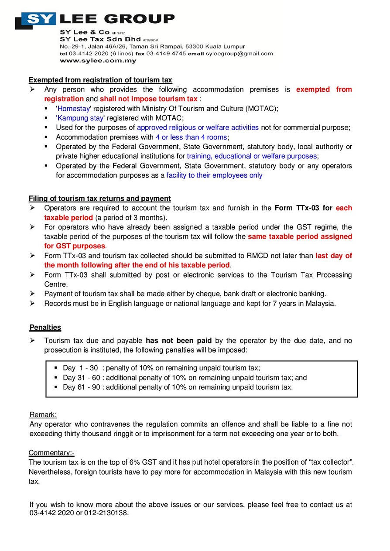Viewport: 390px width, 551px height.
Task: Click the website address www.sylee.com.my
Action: [x=98, y=61]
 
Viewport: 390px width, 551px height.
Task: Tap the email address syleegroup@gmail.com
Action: [x=239, y=54]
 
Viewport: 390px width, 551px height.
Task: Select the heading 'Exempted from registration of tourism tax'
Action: [x=100, y=80]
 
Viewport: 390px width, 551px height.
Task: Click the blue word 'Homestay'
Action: [x=74, y=109]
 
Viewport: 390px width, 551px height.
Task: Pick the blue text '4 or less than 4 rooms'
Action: [x=191, y=137]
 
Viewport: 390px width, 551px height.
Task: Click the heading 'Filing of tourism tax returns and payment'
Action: [x=100, y=198]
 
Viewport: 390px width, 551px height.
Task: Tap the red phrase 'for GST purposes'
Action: [x=75, y=246]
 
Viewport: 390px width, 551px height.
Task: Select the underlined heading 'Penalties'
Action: [x=45, y=327]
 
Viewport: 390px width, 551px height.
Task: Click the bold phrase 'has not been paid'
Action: [x=179, y=340]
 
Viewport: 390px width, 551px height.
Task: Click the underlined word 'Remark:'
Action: [x=43, y=414]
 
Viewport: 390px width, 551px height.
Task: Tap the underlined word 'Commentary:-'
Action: [x=51, y=453]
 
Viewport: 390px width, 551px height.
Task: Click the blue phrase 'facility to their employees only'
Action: [x=214, y=175]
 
